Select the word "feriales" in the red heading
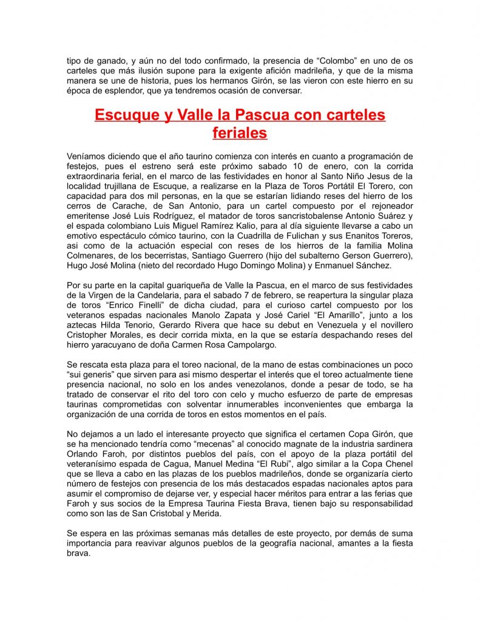(240, 132)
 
